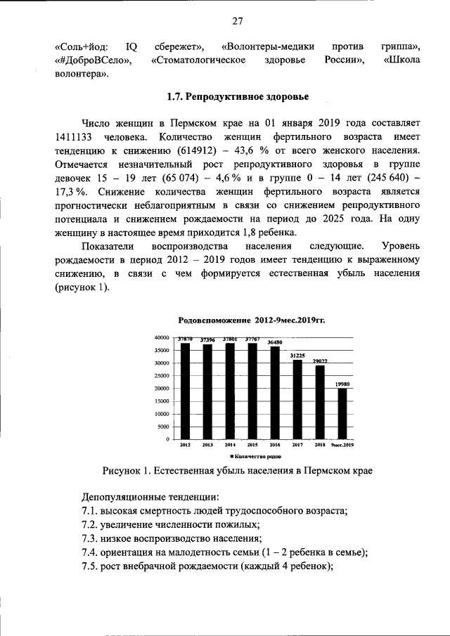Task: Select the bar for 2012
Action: tap(185, 390)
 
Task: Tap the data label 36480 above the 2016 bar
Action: tap(275, 342)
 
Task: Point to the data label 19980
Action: tap(342, 384)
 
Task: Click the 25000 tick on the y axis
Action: tap(160, 376)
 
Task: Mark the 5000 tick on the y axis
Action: tap(162, 427)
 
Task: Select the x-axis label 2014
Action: tap(230, 446)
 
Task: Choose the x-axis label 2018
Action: tap(319, 446)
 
